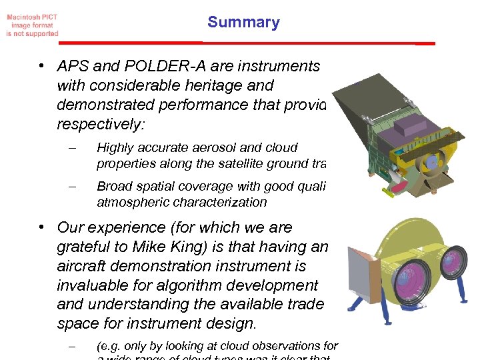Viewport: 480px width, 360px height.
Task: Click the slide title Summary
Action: (x=243, y=22)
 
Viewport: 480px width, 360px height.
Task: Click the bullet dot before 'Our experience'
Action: (x=41, y=228)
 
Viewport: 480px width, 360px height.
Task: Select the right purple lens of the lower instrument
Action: (x=455, y=261)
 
